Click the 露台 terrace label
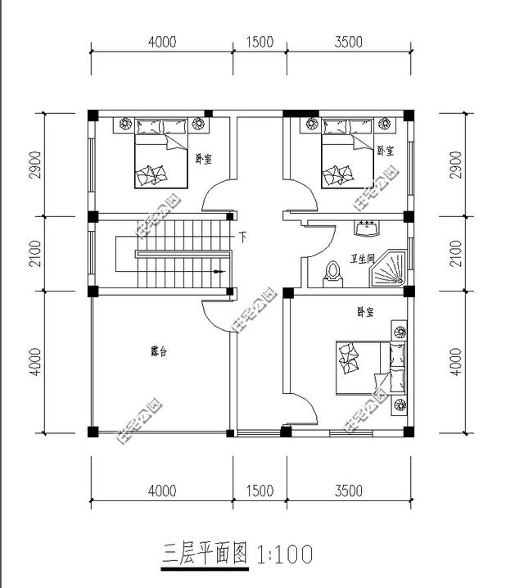(159, 351)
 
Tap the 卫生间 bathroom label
(361, 259)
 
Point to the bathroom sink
(366, 227)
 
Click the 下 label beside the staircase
(243, 237)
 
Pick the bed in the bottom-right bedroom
(368, 369)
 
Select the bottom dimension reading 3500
(349, 491)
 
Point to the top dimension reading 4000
(162, 43)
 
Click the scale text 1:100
(285, 555)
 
